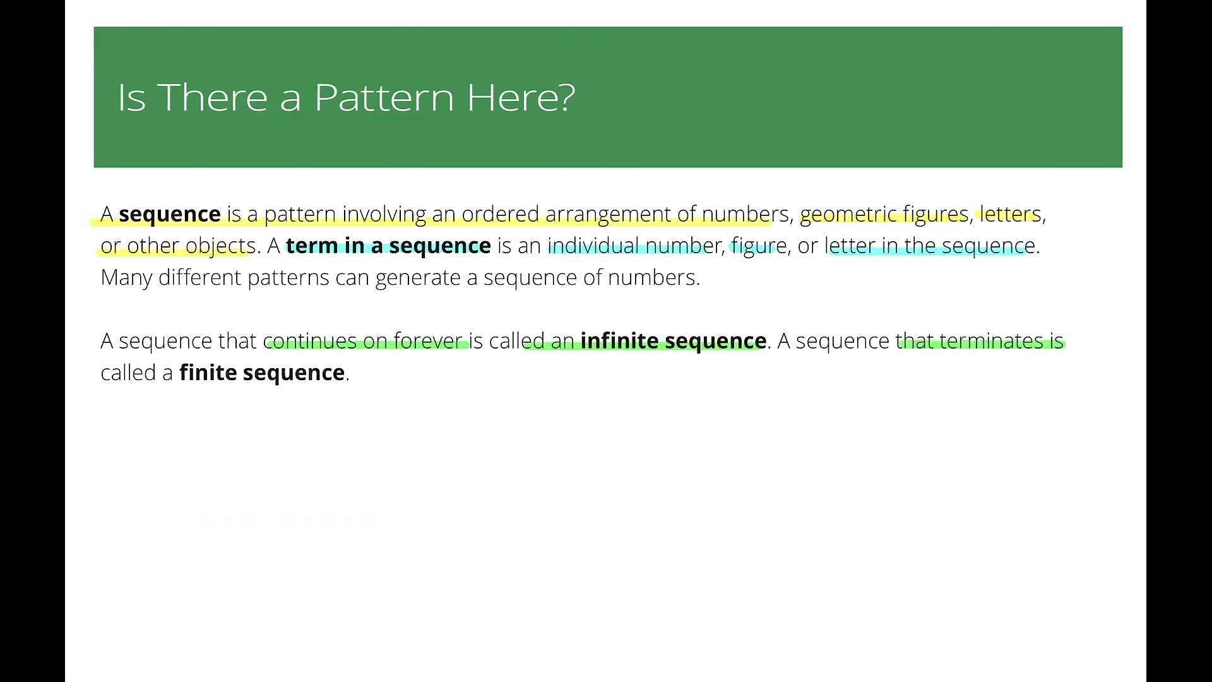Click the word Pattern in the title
pyautogui.click(x=384, y=98)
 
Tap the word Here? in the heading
pyautogui.click(x=521, y=98)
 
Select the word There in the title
pyautogui.click(x=213, y=98)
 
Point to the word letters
pyautogui.click(x=1010, y=215)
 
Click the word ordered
pyautogui.click(x=500, y=215)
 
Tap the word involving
pyautogui.click(x=384, y=215)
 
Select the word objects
pyautogui.click(x=220, y=246)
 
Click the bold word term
pyautogui.click(x=312, y=246)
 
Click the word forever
pyautogui.click(x=428, y=341)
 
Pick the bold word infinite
pyautogui.click(x=619, y=341)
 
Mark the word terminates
pyautogui.click(x=991, y=341)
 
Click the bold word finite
pyautogui.click(x=208, y=373)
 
